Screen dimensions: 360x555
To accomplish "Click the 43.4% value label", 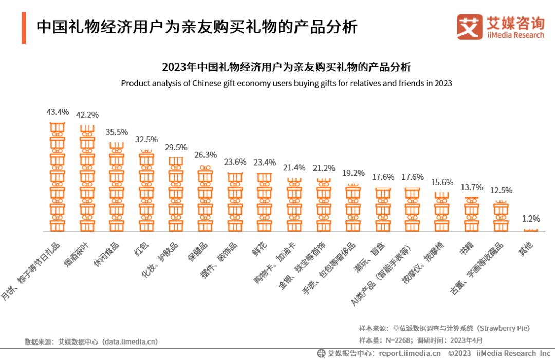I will click(x=58, y=112).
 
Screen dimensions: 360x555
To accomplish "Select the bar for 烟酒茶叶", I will click(x=87, y=178).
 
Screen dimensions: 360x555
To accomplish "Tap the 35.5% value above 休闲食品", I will click(x=117, y=132).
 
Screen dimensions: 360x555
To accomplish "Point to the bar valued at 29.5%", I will click(x=176, y=194).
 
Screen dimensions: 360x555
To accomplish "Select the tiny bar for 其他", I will click(x=530, y=230).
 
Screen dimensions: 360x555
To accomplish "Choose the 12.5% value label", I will click(x=501, y=190).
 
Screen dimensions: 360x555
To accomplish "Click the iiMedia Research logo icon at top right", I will click(x=469, y=27).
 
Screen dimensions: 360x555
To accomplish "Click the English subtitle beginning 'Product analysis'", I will click(x=286, y=83).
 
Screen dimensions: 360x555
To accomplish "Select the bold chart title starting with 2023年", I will click(x=286, y=68).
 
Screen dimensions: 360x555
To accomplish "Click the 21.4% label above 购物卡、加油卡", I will click(x=294, y=168).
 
